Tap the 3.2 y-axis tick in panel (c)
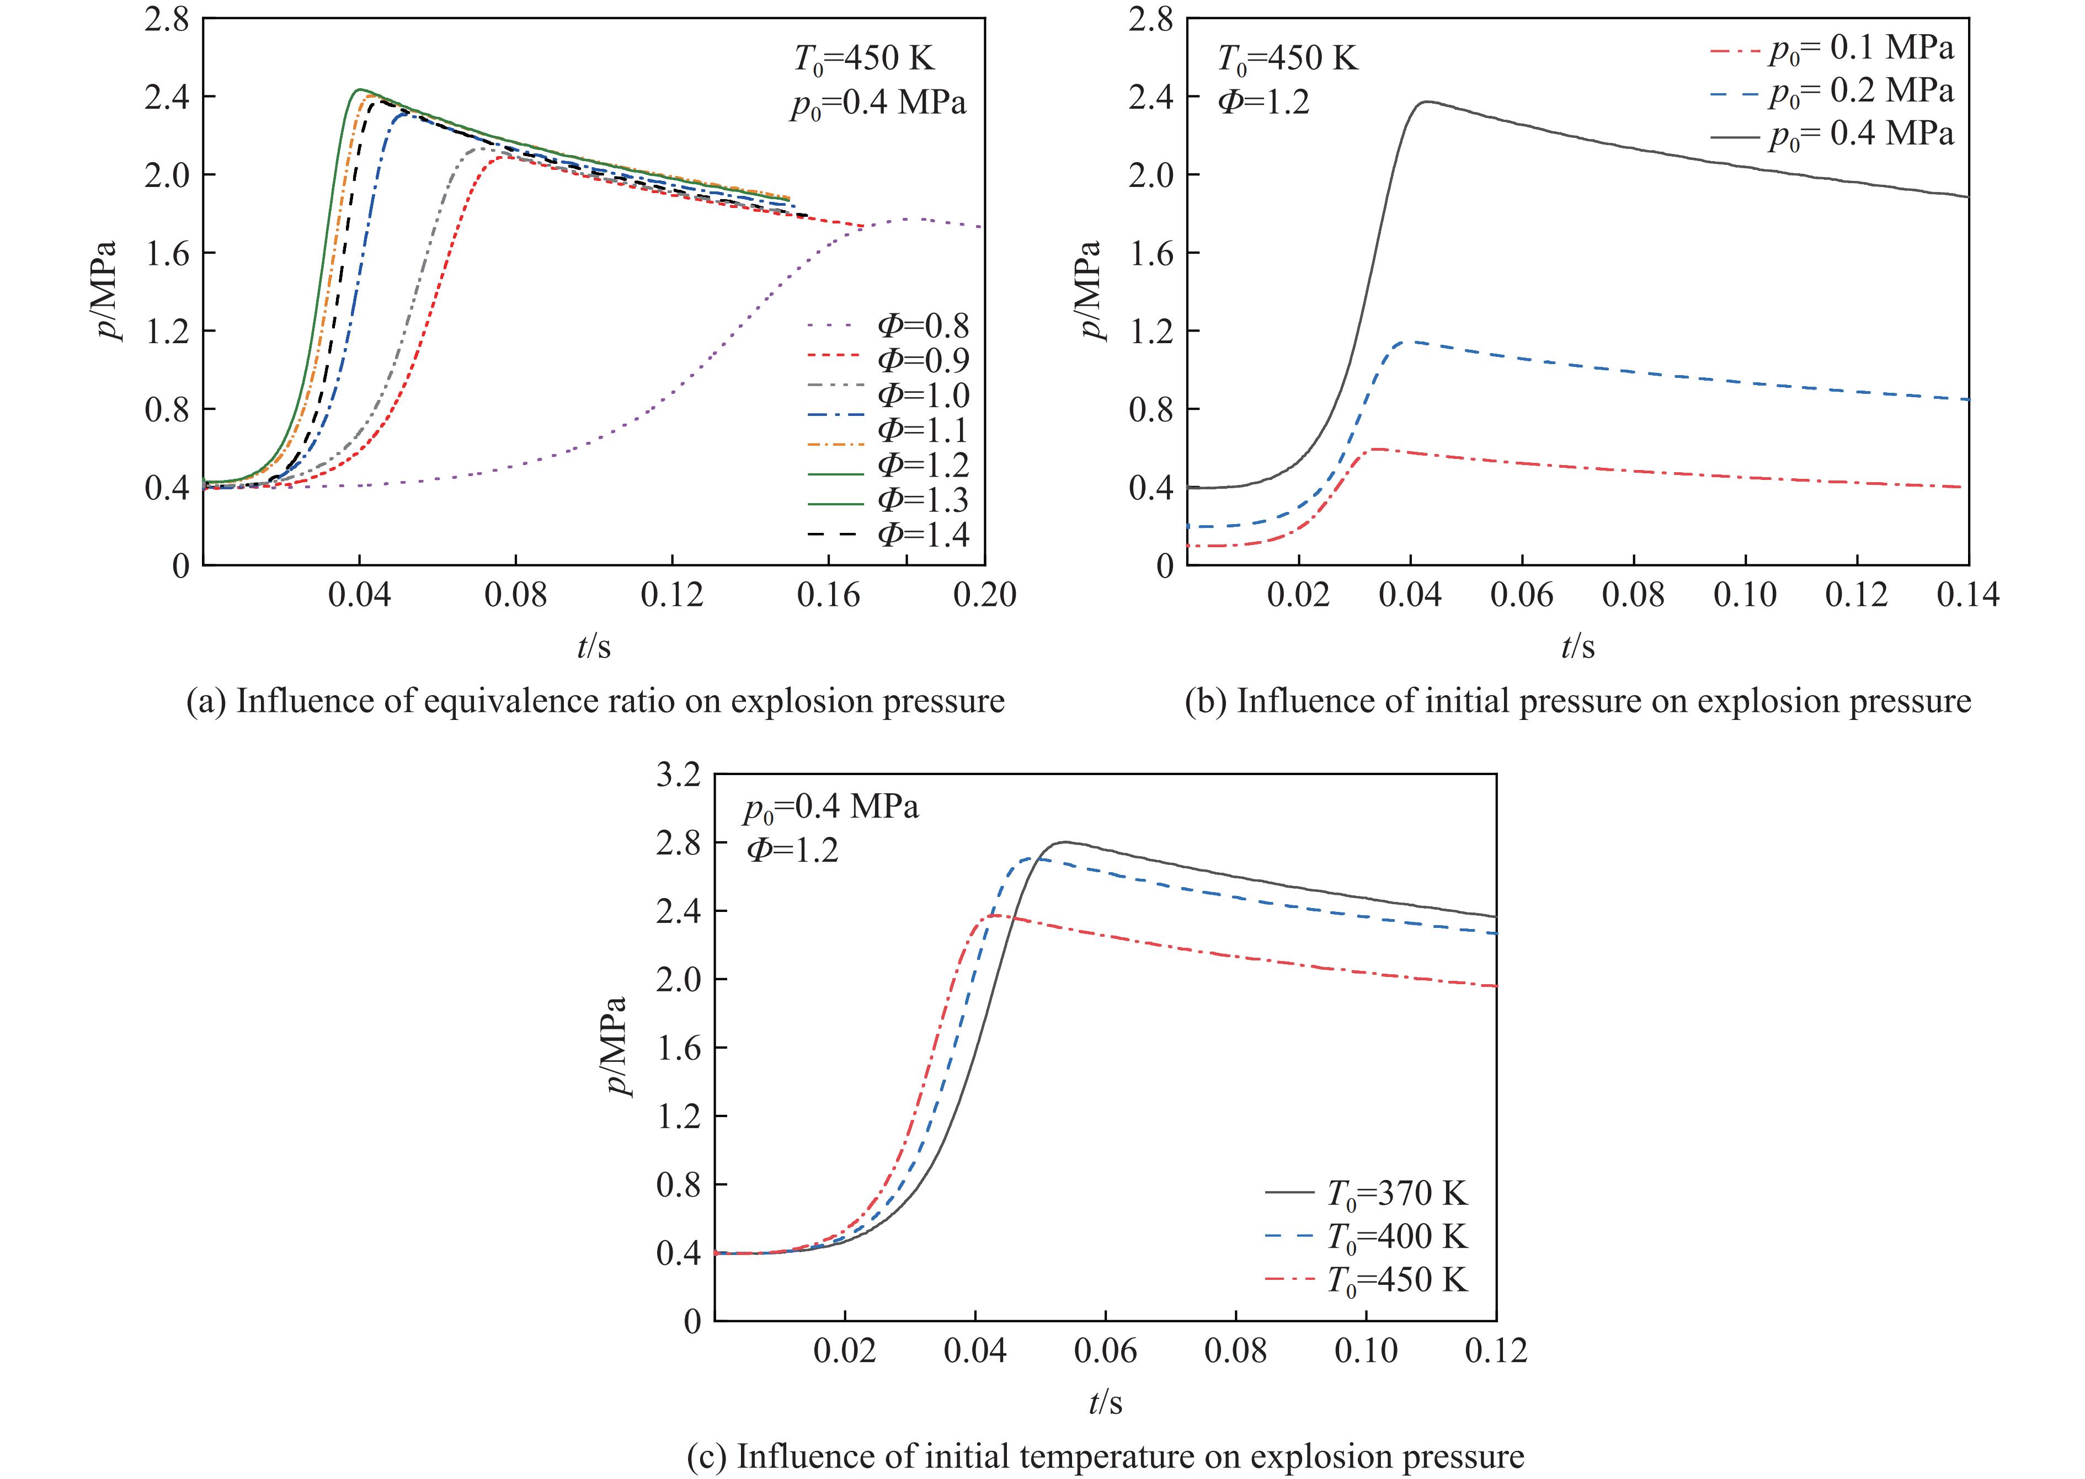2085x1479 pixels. click(x=680, y=776)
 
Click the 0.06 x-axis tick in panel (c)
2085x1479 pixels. click(x=1106, y=1350)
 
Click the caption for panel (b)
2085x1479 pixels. click(x=1577, y=701)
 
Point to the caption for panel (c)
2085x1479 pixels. click(x=1105, y=1457)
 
